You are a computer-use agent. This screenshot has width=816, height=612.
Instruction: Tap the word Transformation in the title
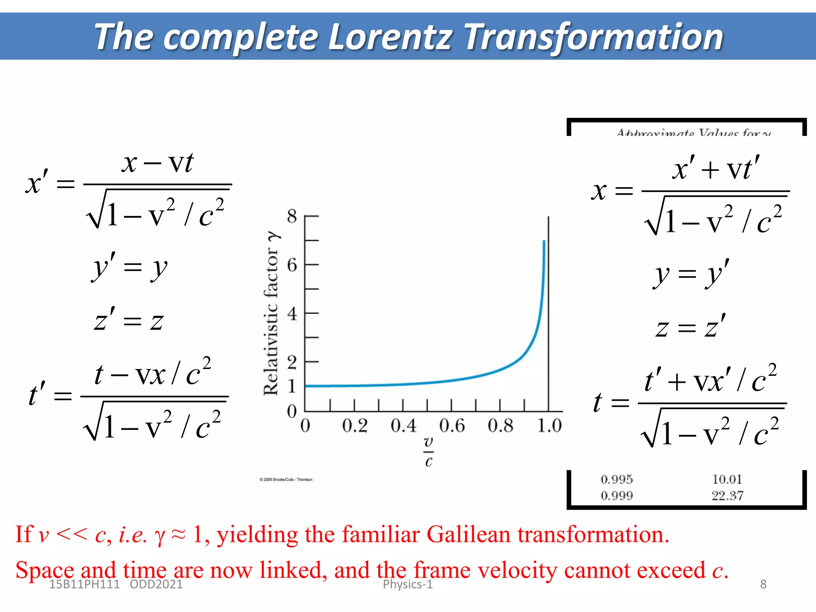[594, 37]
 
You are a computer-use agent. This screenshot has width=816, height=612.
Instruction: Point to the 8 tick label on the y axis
[292, 216]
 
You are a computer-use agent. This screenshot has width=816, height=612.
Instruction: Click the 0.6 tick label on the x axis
[452, 426]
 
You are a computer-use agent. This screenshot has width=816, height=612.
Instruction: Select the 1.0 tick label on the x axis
[549, 426]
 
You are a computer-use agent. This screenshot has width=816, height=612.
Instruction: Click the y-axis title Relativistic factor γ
[272, 313]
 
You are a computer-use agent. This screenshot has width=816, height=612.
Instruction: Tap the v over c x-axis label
[428, 452]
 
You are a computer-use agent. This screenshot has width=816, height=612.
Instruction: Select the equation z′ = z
[129, 320]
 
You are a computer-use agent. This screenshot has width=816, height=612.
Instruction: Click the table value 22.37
[728, 496]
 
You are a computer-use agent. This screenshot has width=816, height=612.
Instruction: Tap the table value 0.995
[617, 479]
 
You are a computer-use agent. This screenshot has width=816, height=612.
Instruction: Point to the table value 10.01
[727, 479]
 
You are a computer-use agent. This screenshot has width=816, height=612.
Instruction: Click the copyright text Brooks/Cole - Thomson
[286, 480]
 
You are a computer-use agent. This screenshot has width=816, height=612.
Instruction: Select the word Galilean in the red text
[468, 534]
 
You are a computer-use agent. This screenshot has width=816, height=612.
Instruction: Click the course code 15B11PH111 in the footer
[84, 585]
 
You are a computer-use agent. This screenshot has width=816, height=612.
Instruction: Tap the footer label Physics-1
[408, 585]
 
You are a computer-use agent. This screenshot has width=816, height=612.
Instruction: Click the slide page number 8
[763, 585]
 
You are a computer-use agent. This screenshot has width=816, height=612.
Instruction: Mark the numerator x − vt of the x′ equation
[158, 163]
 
